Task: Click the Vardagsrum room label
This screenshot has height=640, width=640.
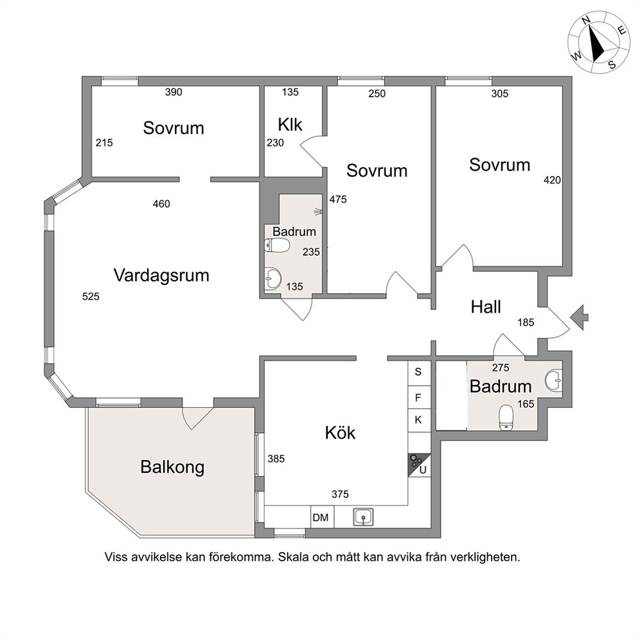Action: click(161, 275)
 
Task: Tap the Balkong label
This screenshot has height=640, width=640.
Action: click(172, 467)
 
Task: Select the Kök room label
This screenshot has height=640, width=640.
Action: click(340, 432)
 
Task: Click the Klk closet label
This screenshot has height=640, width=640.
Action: click(290, 125)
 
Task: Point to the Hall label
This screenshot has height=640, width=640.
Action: click(486, 307)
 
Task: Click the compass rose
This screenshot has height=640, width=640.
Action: click(598, 43)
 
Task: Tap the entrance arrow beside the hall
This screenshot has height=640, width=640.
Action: click(579, 317)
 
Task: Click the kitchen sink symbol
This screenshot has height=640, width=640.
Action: click(363, 517)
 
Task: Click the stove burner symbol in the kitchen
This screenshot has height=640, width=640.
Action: click(416, 462)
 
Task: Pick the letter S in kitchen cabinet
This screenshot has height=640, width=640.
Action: click(418, 372)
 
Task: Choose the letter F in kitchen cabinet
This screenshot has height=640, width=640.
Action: click(418, 397)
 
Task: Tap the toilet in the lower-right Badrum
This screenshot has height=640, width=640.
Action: click(506, 418)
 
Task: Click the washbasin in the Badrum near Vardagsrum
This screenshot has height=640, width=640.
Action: click(272, 279)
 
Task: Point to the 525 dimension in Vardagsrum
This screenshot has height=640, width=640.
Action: click(90, 297)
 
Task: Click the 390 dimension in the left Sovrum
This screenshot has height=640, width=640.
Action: click(174, 92)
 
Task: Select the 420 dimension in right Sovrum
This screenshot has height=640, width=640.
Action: click(552, 180)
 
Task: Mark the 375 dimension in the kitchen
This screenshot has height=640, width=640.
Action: click(340, 494)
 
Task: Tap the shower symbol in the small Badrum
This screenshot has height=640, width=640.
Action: click(318, 212)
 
